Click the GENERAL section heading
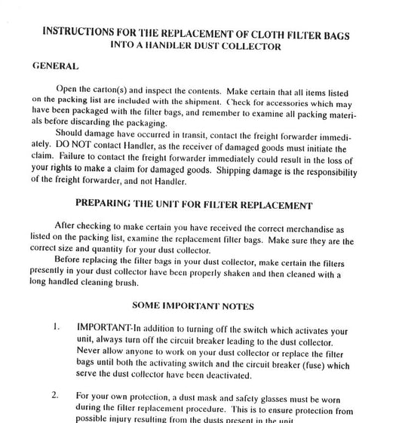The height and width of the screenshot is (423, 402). coord(57,66)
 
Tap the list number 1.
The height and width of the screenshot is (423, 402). coord(55,330)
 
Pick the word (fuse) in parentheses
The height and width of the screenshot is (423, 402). coord(306,366)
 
